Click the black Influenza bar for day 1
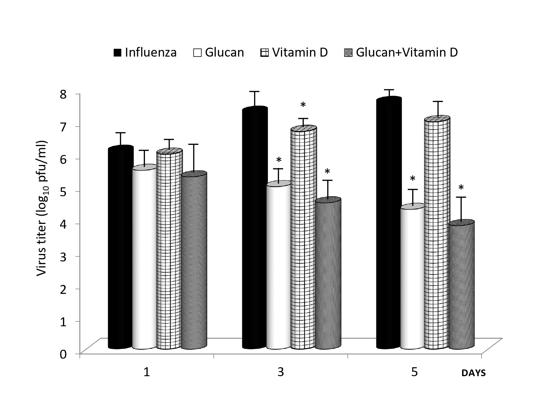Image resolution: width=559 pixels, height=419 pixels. (x=120, y=248)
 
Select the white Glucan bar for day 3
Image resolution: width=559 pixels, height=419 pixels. (x=278, y=266)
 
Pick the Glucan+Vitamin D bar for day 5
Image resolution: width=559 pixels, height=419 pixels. (x=461, y=285)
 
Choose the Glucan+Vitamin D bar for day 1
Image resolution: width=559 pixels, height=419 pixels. (x=194, y=261)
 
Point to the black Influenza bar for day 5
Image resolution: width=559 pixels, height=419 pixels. (x=389, y=223)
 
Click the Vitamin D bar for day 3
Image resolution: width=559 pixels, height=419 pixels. (x=303, y=238)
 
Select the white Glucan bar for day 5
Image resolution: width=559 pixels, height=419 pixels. (x=413, y=277)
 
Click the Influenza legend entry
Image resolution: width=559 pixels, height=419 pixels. (x=145, y=53)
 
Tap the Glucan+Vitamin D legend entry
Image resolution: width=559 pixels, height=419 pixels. (x=400, y=53)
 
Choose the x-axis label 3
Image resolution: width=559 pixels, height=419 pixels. (x=281, y=372)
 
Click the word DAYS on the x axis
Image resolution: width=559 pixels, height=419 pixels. (x=473, y=373)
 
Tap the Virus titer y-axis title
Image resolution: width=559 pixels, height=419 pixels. (x=42, y=208)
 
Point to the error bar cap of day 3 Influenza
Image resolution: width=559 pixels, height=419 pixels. (x=255, y=91)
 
